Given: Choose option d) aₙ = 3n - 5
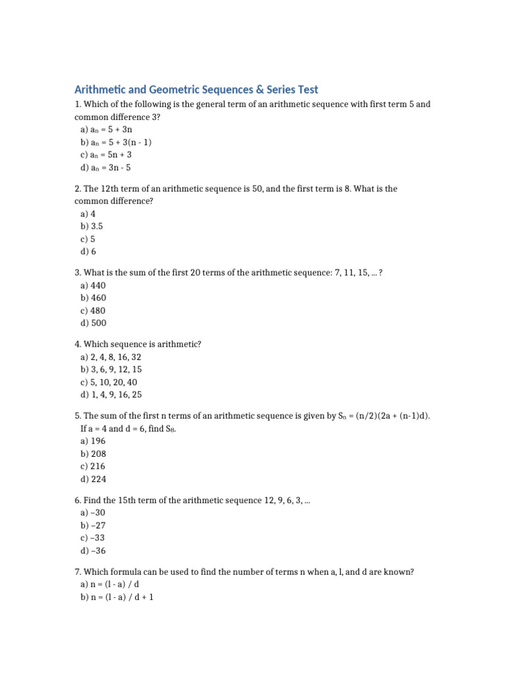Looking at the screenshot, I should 106,167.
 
